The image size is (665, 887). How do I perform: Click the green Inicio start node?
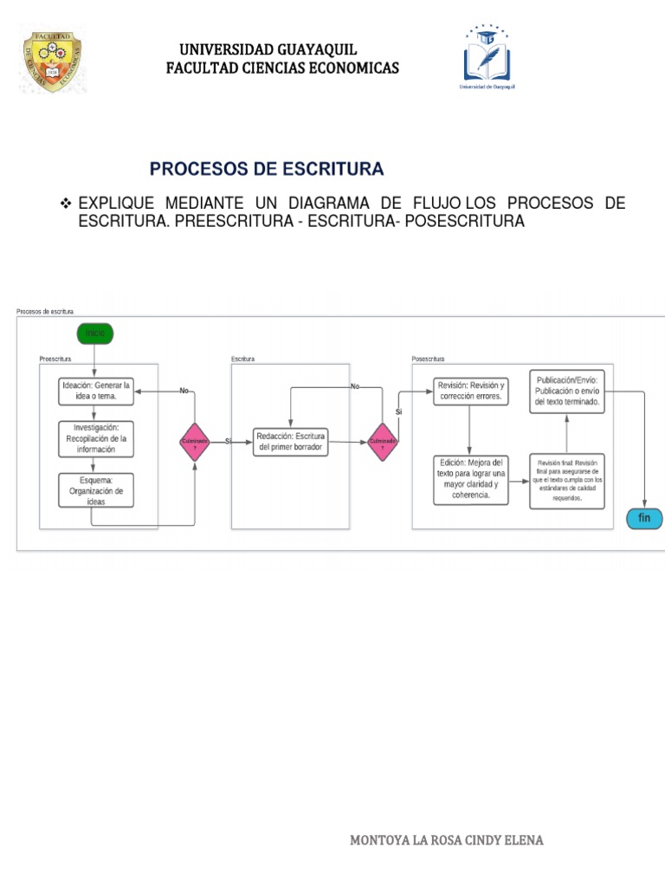[x=95, y=333]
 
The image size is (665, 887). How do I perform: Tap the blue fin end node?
[x=644, y=518]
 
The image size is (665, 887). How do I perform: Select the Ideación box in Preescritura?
[x=96, y=391]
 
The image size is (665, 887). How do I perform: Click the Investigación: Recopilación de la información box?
[x=96, y=438]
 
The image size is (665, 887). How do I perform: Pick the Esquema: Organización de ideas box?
[x=96, y=490]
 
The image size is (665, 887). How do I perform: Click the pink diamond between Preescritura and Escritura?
[x=195, y=442]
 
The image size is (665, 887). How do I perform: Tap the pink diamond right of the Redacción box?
[x=383, y=442]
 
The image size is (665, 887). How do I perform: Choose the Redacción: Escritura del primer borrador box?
[x=291, y=442]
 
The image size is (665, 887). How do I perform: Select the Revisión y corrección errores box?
[x=470, y=391]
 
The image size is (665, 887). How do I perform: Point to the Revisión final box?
[x=567, y=480]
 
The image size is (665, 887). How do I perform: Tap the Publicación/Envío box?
[x=567, y=391]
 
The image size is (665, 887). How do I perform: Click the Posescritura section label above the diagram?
[x=428, y=358]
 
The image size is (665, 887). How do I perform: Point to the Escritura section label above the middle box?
[x=242, y=358]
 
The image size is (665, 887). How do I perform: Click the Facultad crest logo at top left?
[x=51, y=62]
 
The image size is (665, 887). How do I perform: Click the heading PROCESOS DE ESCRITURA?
[x=267, y=168]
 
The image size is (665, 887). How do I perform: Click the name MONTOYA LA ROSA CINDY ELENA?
[x=447, y=839]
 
